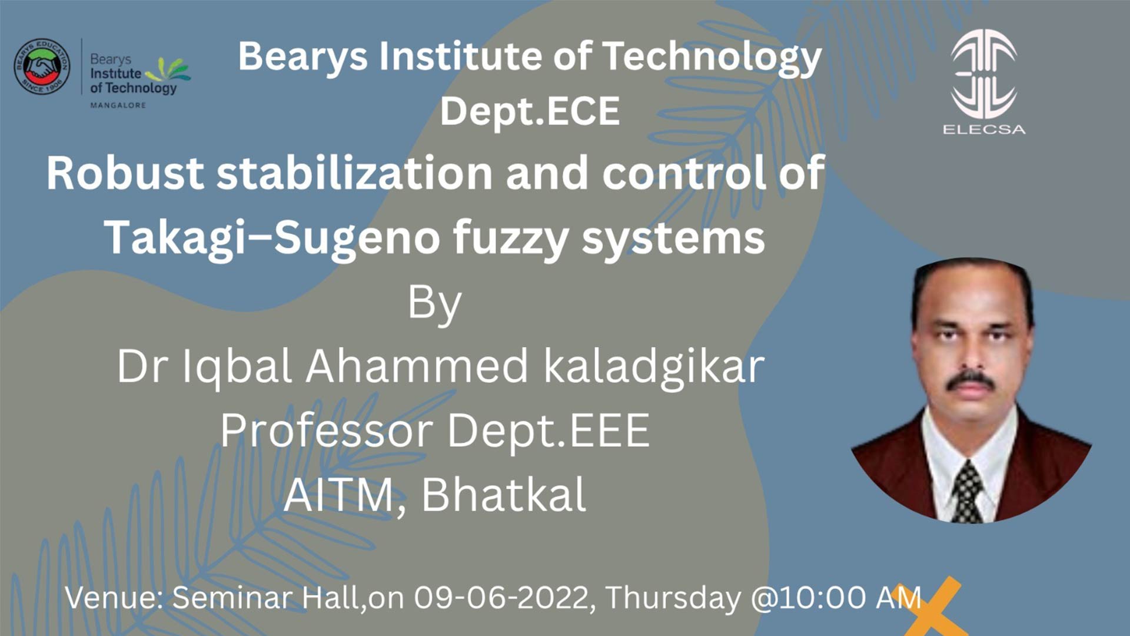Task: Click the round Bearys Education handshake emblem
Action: [42, 67]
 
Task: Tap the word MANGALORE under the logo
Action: [118, 105]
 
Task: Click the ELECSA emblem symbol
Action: [983, 74]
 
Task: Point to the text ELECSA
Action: [984, 130]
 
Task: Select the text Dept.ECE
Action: [530, 111]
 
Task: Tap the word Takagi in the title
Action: [174, 238]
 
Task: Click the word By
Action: [435, 304]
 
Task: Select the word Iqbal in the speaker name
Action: [237, 366]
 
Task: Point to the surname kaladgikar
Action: [654, 366]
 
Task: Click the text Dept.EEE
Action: [549, 430]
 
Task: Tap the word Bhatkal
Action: [504, 495]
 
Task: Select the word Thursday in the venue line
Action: [673, 598]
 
